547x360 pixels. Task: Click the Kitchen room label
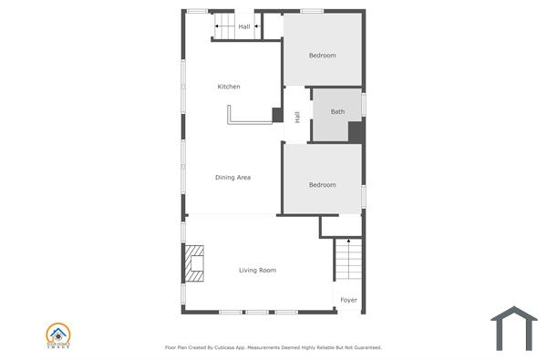[x=229, y=87]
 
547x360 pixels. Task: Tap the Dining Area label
[x=232, y=177]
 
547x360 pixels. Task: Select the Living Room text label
[x=257, y=270]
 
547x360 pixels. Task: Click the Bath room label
[x=337, y=112]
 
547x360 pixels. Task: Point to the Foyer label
[x=348, y=300]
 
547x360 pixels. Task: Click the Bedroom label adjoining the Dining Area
[x=322, y=185]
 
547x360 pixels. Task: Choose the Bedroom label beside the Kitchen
[x=322, y=56]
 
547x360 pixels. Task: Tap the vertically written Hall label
[x=297, y=117]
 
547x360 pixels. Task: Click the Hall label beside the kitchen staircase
[x=244, y=26]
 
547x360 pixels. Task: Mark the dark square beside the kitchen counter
[x=277, y=115]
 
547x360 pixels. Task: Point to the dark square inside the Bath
[x=356, y=131]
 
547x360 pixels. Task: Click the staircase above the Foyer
[x=347, y=260]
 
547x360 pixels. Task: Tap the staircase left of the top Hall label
[x=224, y=26]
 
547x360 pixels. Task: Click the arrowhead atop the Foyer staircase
[x=347, y=242]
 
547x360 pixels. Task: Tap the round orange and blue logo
[x=58, y=334]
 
